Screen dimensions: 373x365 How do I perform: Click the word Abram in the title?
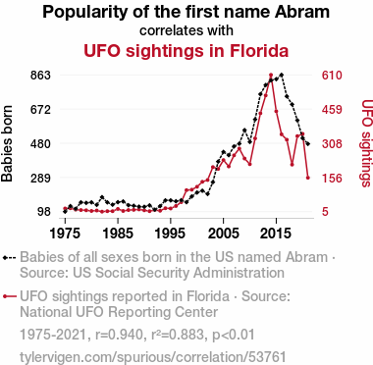[301, 12]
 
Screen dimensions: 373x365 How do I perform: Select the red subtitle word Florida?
[258, 51]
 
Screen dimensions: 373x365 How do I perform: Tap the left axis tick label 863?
[40, 76]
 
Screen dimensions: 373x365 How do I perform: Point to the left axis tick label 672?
[40, 110]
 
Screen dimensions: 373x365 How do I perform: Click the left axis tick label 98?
[44, 212]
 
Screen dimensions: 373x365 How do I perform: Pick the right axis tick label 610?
[332, 76]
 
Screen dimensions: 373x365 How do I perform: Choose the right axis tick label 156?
[332, 179]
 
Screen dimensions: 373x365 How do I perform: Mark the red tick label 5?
[325, 212]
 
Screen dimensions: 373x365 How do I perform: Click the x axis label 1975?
[65, 234]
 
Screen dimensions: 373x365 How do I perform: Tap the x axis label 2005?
[223, 234]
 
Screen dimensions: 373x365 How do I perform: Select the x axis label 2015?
[276, 234]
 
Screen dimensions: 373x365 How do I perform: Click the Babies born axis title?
[7, 143]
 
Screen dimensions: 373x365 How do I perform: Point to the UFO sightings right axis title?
[366, 143]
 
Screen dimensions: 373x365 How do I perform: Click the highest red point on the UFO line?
[271, 76]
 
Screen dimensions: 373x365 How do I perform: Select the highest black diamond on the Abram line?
[282, 75]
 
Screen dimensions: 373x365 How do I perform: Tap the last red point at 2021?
[308, 178]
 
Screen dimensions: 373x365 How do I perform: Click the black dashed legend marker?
[9, 258]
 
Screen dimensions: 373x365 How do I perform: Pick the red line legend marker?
[9, 296]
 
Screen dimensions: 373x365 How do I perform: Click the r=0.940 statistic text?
[120, 335]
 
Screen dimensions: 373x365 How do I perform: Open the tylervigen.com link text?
[153, 357]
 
